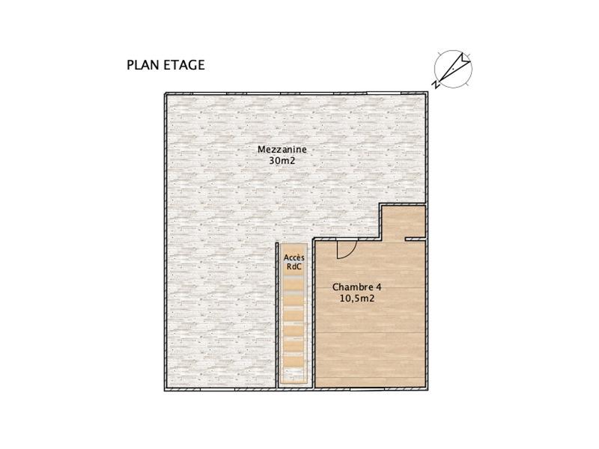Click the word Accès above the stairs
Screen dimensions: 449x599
pos(294,257)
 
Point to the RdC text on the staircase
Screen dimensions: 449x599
pos(294,266)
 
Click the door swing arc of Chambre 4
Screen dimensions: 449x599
pos(345,250)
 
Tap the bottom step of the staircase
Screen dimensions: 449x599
pos(294,378)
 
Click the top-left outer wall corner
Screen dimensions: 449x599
pos(166,94)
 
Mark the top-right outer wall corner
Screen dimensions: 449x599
pos(427,94)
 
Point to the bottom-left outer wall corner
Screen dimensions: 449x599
pos(166,389)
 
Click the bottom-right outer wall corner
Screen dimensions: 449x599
pos(427,389)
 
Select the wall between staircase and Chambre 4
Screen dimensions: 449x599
pos(312,314)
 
